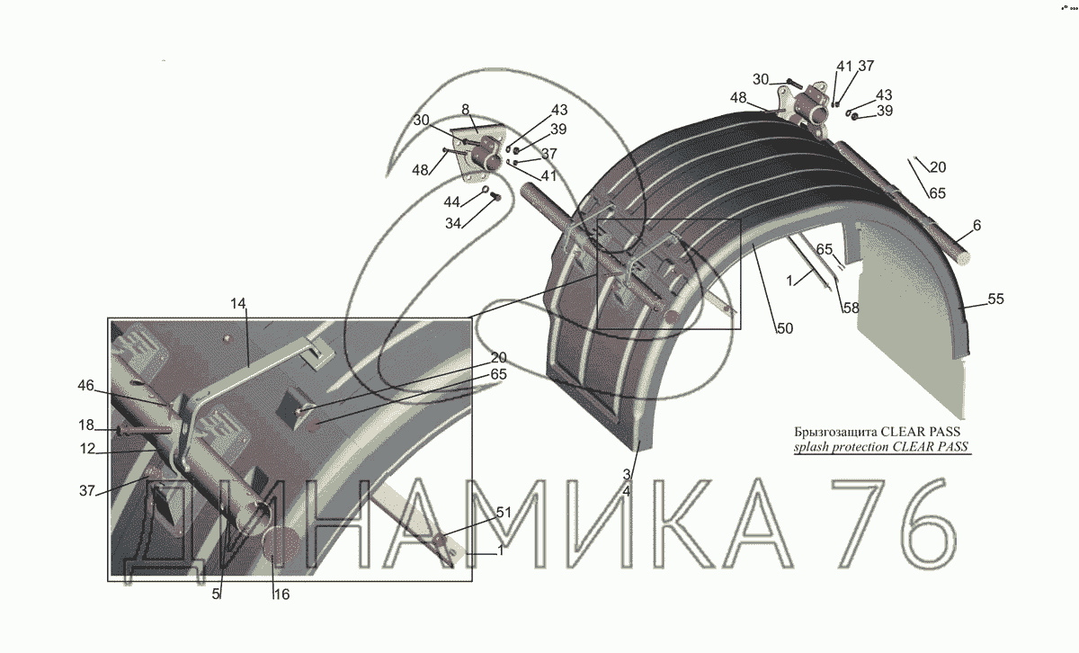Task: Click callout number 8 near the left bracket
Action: (x=465, y=110)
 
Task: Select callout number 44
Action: (x=451, y=201)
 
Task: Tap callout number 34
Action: (x=453, y=223)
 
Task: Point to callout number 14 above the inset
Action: (x=238, y=304)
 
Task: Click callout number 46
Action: (x=85, y=386)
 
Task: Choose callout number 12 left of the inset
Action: (x=87, y=449)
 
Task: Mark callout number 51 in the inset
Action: (x=504, y=513)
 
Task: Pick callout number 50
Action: (x=785, y=328)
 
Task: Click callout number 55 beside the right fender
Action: (x=995, y=299)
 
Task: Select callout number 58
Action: (x=851, y=308)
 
